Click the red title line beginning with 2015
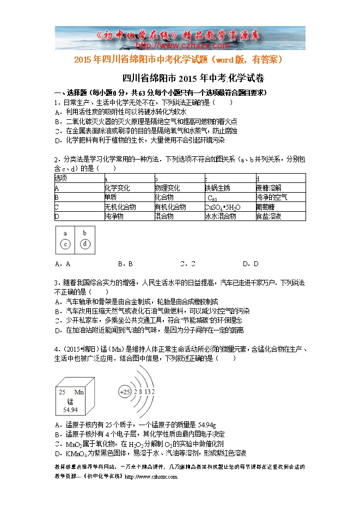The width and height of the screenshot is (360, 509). (x=179, y=59)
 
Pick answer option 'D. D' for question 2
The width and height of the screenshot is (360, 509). (x=251, y=264)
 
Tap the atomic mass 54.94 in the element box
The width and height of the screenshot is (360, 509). (x=71, y=409)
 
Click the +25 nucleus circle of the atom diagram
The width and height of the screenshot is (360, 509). (x=125, y=392)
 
